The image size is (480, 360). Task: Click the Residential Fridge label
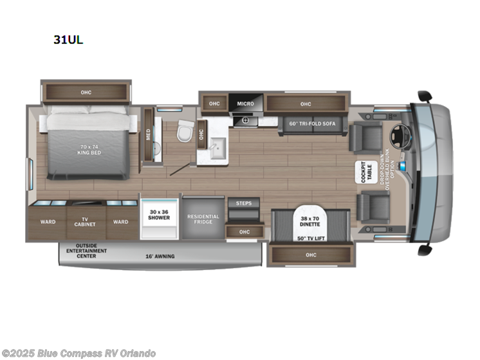[203, 220]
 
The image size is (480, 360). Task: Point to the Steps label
[244, 204]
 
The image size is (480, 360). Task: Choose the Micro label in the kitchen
[245, 104]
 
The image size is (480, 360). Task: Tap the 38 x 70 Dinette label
[311, 221]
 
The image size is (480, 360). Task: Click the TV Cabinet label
[84, 222]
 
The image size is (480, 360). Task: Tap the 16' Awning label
[159, 256]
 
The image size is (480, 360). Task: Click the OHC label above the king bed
[86, 93]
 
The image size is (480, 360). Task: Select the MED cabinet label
[148, 136]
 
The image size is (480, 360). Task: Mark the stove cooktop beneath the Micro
[245, 120]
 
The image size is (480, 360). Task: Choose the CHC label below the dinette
[311, 255]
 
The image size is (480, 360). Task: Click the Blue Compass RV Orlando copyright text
[78, 353]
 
